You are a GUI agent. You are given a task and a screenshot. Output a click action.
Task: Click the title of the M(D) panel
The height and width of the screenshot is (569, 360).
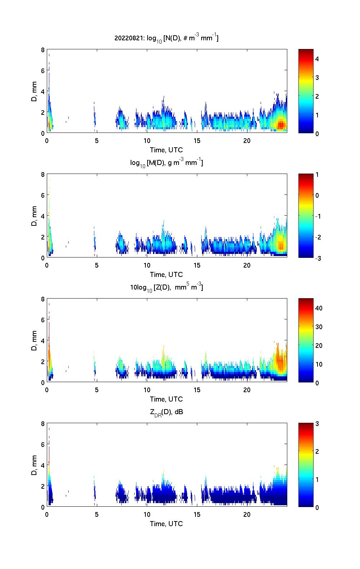pos(166,163)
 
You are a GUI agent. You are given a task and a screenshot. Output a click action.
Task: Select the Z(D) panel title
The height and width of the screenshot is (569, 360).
pos(166,287)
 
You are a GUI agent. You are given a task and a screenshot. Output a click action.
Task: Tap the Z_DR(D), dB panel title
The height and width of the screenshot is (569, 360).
pos(166,412)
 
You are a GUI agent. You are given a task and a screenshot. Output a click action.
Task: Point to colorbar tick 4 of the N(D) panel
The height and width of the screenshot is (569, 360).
pos(317,59)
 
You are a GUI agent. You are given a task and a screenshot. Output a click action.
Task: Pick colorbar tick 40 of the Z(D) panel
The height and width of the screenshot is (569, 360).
pos(319,308)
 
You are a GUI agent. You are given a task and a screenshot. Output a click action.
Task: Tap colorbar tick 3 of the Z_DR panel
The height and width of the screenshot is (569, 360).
pos(317,424)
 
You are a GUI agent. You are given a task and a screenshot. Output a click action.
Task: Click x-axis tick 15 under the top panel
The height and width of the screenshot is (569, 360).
pos(197,140)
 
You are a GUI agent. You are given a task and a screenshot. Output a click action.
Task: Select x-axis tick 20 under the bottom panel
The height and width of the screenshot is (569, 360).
pos(247,514)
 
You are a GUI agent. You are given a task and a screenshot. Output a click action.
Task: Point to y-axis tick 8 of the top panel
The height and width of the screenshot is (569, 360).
pos(43,50)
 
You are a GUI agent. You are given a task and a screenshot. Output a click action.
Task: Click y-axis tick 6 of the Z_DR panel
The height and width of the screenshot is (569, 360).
pos(43,444)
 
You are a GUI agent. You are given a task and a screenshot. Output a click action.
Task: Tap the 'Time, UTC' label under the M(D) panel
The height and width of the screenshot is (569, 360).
pos(166,274)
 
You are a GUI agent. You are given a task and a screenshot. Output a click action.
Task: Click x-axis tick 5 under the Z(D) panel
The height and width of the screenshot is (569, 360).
pos(97,390)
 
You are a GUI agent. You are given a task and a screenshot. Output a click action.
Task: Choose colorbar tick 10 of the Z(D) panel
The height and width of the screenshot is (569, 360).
pos(319,364)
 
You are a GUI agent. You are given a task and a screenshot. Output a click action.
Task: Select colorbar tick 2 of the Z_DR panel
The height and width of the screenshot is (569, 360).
pos(317,452)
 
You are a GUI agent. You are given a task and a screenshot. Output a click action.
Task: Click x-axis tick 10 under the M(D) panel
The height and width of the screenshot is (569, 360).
pos(147,265)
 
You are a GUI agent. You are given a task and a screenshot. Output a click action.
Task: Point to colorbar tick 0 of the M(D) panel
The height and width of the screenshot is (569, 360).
pos(317,196)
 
